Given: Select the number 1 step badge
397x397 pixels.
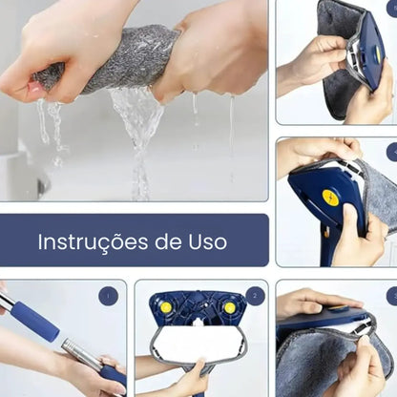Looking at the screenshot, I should coord(108,296).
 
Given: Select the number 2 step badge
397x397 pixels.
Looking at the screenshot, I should coord(255,296).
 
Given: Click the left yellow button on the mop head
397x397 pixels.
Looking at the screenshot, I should coord(166,307).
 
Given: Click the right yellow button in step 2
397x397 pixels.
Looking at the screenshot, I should coord(229,307).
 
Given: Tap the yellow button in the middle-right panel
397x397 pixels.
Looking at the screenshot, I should coord(330,198).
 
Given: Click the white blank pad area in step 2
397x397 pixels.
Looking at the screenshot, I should coord(198,342).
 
